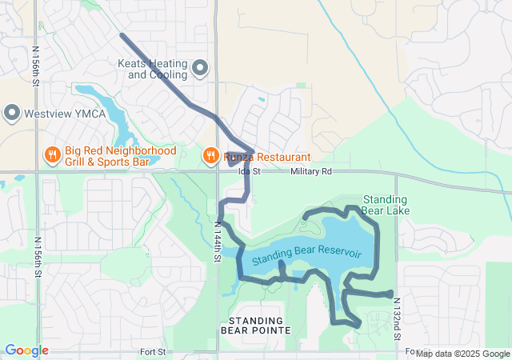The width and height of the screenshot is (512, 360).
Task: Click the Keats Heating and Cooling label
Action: click(152, 69)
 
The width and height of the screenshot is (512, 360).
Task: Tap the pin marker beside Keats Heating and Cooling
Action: click(200, 68)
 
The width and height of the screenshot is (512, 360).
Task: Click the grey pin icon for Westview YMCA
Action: click(11, 113)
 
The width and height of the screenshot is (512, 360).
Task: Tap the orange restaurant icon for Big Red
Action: click(52, 154)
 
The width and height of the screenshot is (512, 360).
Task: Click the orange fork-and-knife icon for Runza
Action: click(210, 154)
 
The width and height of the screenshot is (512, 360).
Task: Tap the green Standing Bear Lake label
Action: click(386, 205)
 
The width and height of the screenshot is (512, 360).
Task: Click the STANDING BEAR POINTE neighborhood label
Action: click(256, 325)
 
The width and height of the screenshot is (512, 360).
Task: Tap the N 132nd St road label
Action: click(397, 318)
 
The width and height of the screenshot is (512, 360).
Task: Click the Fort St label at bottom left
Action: click(152, 351)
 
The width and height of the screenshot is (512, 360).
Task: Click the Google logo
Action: click(26, 350)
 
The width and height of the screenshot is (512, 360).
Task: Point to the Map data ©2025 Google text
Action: click(462, 354)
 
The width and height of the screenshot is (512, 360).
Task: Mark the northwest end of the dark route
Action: click(122, 35)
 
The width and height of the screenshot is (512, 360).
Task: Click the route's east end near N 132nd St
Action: click(390, 294)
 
